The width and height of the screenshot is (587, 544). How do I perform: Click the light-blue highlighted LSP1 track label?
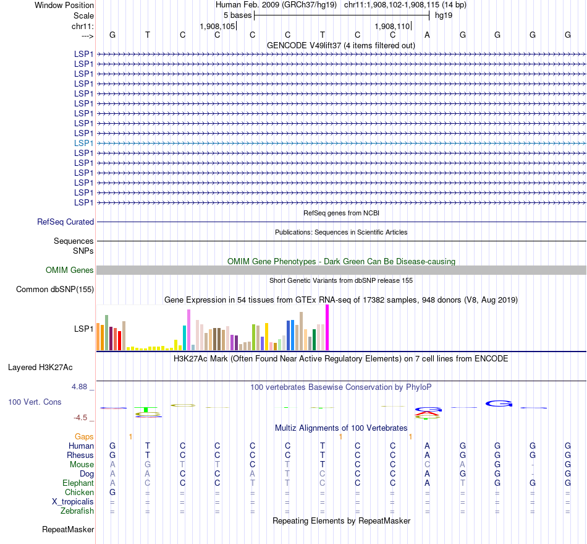83,143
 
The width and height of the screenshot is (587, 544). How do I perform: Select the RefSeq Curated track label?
65,222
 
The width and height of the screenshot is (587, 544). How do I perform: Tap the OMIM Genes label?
70,270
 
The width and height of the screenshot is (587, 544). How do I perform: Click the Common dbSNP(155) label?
55,290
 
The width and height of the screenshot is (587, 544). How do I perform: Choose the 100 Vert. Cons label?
35,402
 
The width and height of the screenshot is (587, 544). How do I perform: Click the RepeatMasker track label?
68,530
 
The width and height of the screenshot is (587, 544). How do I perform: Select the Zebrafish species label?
77,511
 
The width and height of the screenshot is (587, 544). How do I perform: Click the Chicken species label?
79,493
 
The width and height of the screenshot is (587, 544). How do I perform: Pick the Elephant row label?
78,483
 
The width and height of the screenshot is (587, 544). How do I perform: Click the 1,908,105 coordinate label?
217,27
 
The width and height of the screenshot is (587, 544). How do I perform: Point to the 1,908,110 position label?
392,27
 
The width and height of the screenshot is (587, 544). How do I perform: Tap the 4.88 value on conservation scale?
83,387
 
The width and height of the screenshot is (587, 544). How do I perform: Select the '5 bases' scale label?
237,15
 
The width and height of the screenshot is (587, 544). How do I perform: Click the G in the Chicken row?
112,493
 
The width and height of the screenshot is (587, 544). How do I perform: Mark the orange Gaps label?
84,437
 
